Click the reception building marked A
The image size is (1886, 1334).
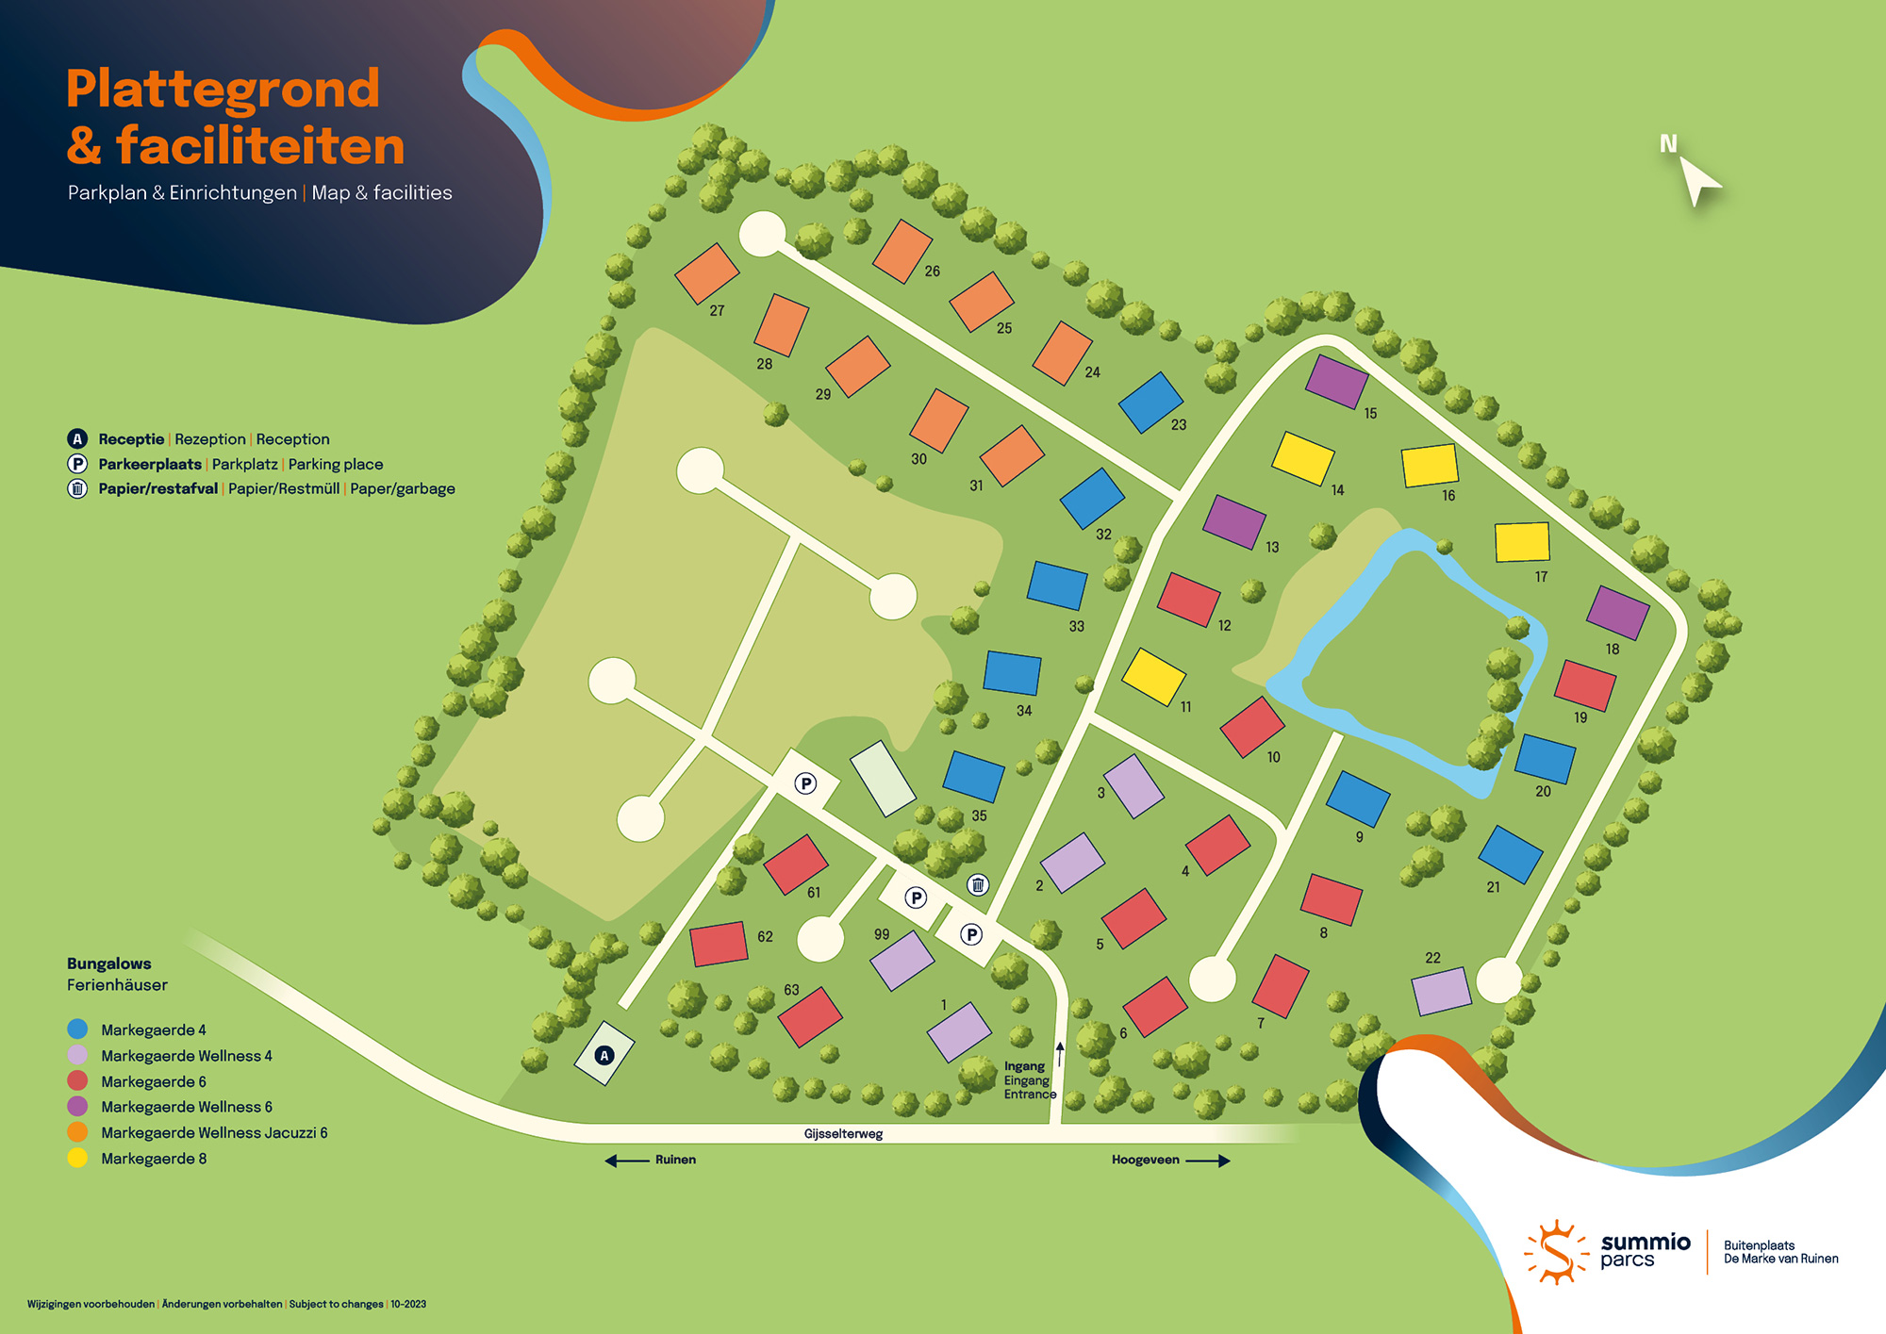point(604,1054)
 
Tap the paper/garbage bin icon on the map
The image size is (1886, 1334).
point(978,884)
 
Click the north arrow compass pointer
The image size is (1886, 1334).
point(1698,179)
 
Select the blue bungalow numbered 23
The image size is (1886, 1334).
point(1150,402)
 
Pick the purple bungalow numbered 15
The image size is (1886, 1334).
point(1336,381)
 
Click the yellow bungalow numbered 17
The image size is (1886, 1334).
point(1522,542)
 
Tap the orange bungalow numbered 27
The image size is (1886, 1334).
point(706,273)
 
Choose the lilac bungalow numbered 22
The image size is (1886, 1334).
point(1441,991)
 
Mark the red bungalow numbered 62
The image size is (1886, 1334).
point(719,944)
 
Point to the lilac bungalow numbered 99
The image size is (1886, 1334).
point(902,960)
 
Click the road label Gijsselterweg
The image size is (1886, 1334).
point(843,1134)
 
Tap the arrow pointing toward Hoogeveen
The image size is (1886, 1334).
point(1208,1161)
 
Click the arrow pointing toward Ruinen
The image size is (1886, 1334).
point(626,1161)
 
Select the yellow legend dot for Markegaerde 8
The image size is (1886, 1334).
point(77,1158)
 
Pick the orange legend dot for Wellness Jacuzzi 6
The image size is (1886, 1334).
point(77,1132)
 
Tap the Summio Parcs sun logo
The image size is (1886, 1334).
point(1555,1252)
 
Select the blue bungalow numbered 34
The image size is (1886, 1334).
point(1012,672)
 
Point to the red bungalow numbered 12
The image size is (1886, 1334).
point(1188,599)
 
